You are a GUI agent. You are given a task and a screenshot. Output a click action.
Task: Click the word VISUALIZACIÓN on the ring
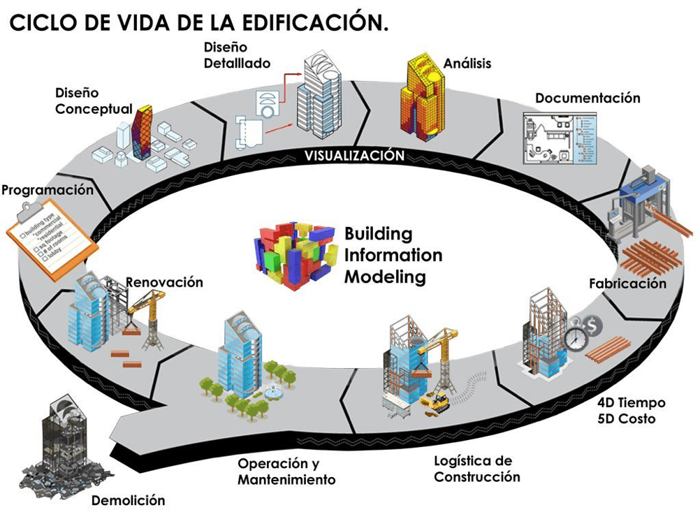[x=354, y=155]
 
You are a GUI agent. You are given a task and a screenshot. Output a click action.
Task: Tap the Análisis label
[x=467, y=64]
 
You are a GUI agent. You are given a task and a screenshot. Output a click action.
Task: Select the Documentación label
[x=588, y=98]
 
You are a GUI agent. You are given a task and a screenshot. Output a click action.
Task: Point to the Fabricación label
[x=627, y=284]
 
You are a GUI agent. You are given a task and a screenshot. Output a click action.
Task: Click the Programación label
[x=47, y=190]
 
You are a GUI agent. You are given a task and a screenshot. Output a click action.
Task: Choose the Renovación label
[x=164, y=282]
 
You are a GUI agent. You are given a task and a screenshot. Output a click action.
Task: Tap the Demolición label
[x=129, y=500]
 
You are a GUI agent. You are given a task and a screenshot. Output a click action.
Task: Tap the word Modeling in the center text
[x=386, y=276]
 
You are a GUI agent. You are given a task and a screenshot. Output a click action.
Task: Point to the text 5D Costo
[x=626, y=418]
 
